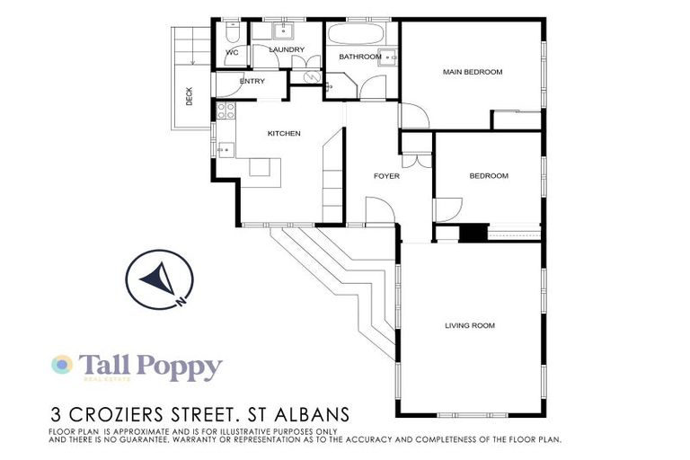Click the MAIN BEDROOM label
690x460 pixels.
pos(472,72)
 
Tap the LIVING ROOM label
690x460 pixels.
pos(470,325)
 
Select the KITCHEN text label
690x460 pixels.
pos(284,134)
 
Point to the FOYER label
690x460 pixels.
pos(386,176)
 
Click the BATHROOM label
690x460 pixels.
pos(359,57)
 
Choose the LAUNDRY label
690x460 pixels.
pos(287,49)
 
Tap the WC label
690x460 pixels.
pos(231,53)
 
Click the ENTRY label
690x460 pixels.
pos(252,82)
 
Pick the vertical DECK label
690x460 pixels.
pos(189,96)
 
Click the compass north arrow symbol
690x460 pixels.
pos(156,279)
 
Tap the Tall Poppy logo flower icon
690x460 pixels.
pos(62,364)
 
